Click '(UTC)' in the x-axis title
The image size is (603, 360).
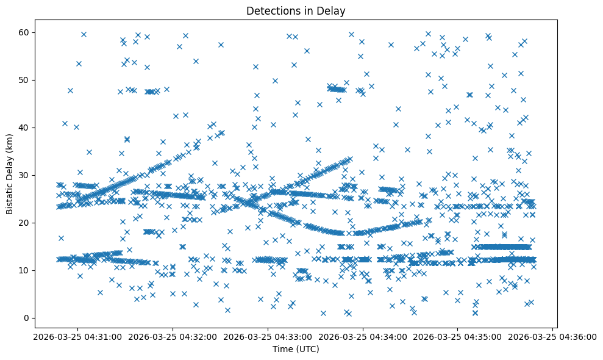coord(309,349)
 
